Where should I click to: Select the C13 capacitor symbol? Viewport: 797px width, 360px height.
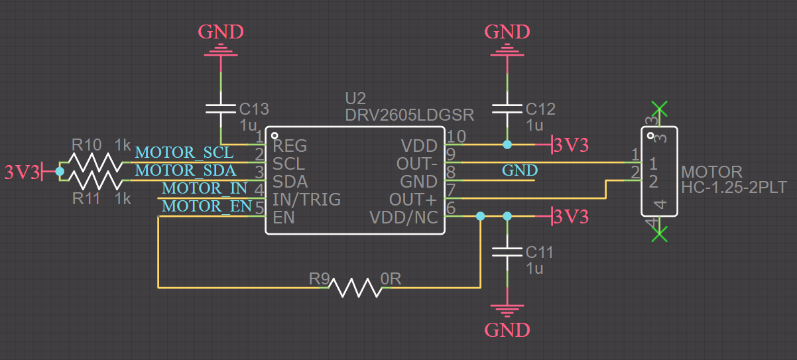[221, 110]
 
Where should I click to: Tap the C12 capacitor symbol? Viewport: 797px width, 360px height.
[507, 110]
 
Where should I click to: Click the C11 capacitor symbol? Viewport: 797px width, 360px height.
[507, 253]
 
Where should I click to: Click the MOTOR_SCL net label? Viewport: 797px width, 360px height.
[184, 152]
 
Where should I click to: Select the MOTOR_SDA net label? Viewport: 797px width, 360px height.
[184, 170]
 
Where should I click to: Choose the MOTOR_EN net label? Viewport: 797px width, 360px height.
[206, 206]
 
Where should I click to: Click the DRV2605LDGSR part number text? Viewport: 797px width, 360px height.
[409, 115]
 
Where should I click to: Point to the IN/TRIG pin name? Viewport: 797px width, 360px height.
[306, 199]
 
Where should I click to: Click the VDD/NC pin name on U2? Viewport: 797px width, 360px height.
[403, 217]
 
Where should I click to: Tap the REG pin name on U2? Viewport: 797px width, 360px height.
[290, 145]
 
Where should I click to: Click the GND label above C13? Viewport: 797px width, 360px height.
[221, 31]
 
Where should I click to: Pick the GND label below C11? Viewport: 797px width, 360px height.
[507, 330]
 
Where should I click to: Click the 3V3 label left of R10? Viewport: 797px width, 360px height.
[22, 172]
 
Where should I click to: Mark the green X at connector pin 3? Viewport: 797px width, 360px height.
[658, 109]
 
